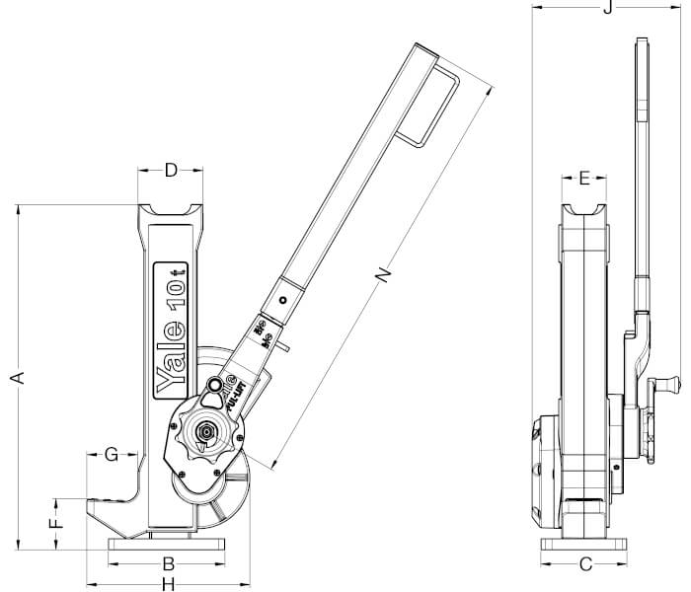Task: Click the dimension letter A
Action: [x=16, y=376]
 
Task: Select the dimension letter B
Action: [x=169, y=564]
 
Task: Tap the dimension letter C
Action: [x=585, y=564]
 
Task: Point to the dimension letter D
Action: [x=170, y=171]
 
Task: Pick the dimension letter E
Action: [x=584, y=179]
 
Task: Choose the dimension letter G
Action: [x=112, y=454]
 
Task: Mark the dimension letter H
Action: [x=169, y=583]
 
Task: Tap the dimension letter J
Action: [x=609, y=9]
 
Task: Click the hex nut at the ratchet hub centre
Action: [x=208, y=430]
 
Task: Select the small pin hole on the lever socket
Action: [x=283, y=300]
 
